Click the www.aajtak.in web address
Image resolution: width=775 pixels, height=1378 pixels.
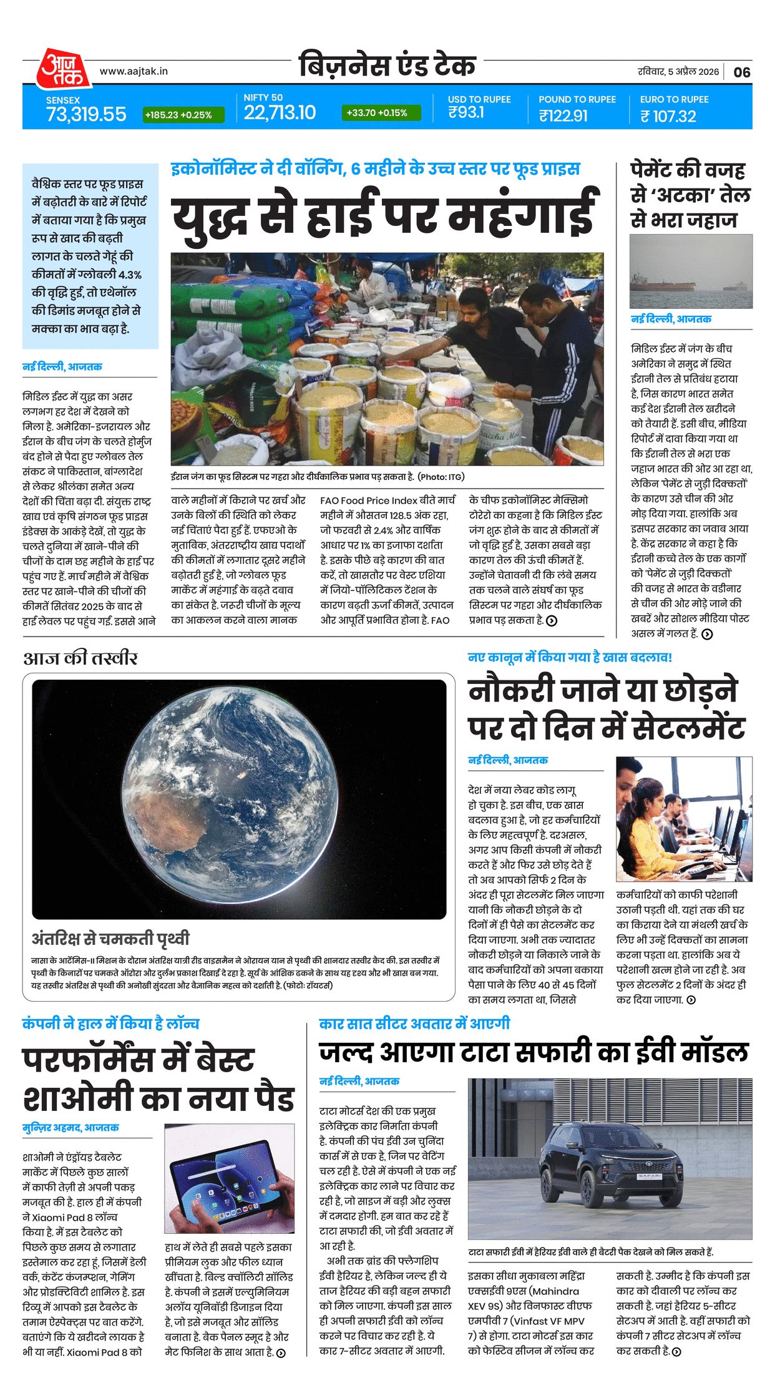pos(134,71)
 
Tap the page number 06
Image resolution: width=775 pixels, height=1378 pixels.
pos(741,72)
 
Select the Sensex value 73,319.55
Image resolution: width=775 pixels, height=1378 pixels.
pos(86,114)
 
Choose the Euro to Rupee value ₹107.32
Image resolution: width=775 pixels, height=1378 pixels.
pos(668,116)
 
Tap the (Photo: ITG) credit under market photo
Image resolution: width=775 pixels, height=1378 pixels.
pos(441,477)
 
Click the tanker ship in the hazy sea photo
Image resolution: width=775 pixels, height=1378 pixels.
pos(663,286)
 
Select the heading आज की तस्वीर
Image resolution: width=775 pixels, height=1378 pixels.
pos(80,658)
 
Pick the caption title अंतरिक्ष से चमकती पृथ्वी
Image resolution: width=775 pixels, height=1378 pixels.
pos(110,939)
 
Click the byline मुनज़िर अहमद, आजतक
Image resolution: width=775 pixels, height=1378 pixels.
pos(71,1128)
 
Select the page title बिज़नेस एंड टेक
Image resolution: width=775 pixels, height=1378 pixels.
pos(387,66)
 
